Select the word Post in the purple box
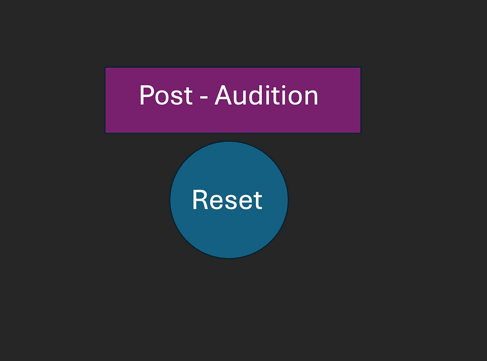(165, 95)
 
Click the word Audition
(266, 95)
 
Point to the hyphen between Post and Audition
(203, 98)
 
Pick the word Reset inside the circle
(227, 200)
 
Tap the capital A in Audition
(225, 95)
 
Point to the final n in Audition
(311, 98)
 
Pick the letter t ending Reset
(257, 201)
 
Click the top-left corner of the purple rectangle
(105, 68)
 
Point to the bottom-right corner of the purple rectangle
(360, 132)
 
